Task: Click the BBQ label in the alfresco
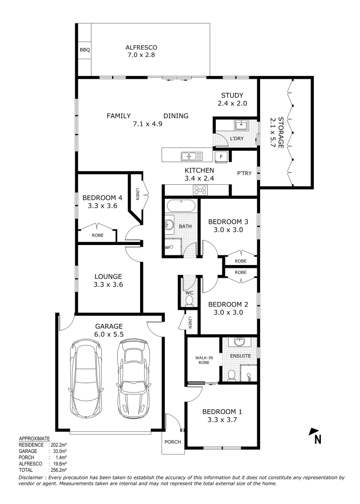[85, 49]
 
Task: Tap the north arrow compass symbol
[316, 436]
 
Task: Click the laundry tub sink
[241, 125]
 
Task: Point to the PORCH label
[172, 443]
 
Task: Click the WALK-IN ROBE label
[204, 361]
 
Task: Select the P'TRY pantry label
[244, 173]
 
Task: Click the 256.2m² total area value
[58, 470]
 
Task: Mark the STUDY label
[232, 96]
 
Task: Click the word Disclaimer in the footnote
[33, 477]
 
